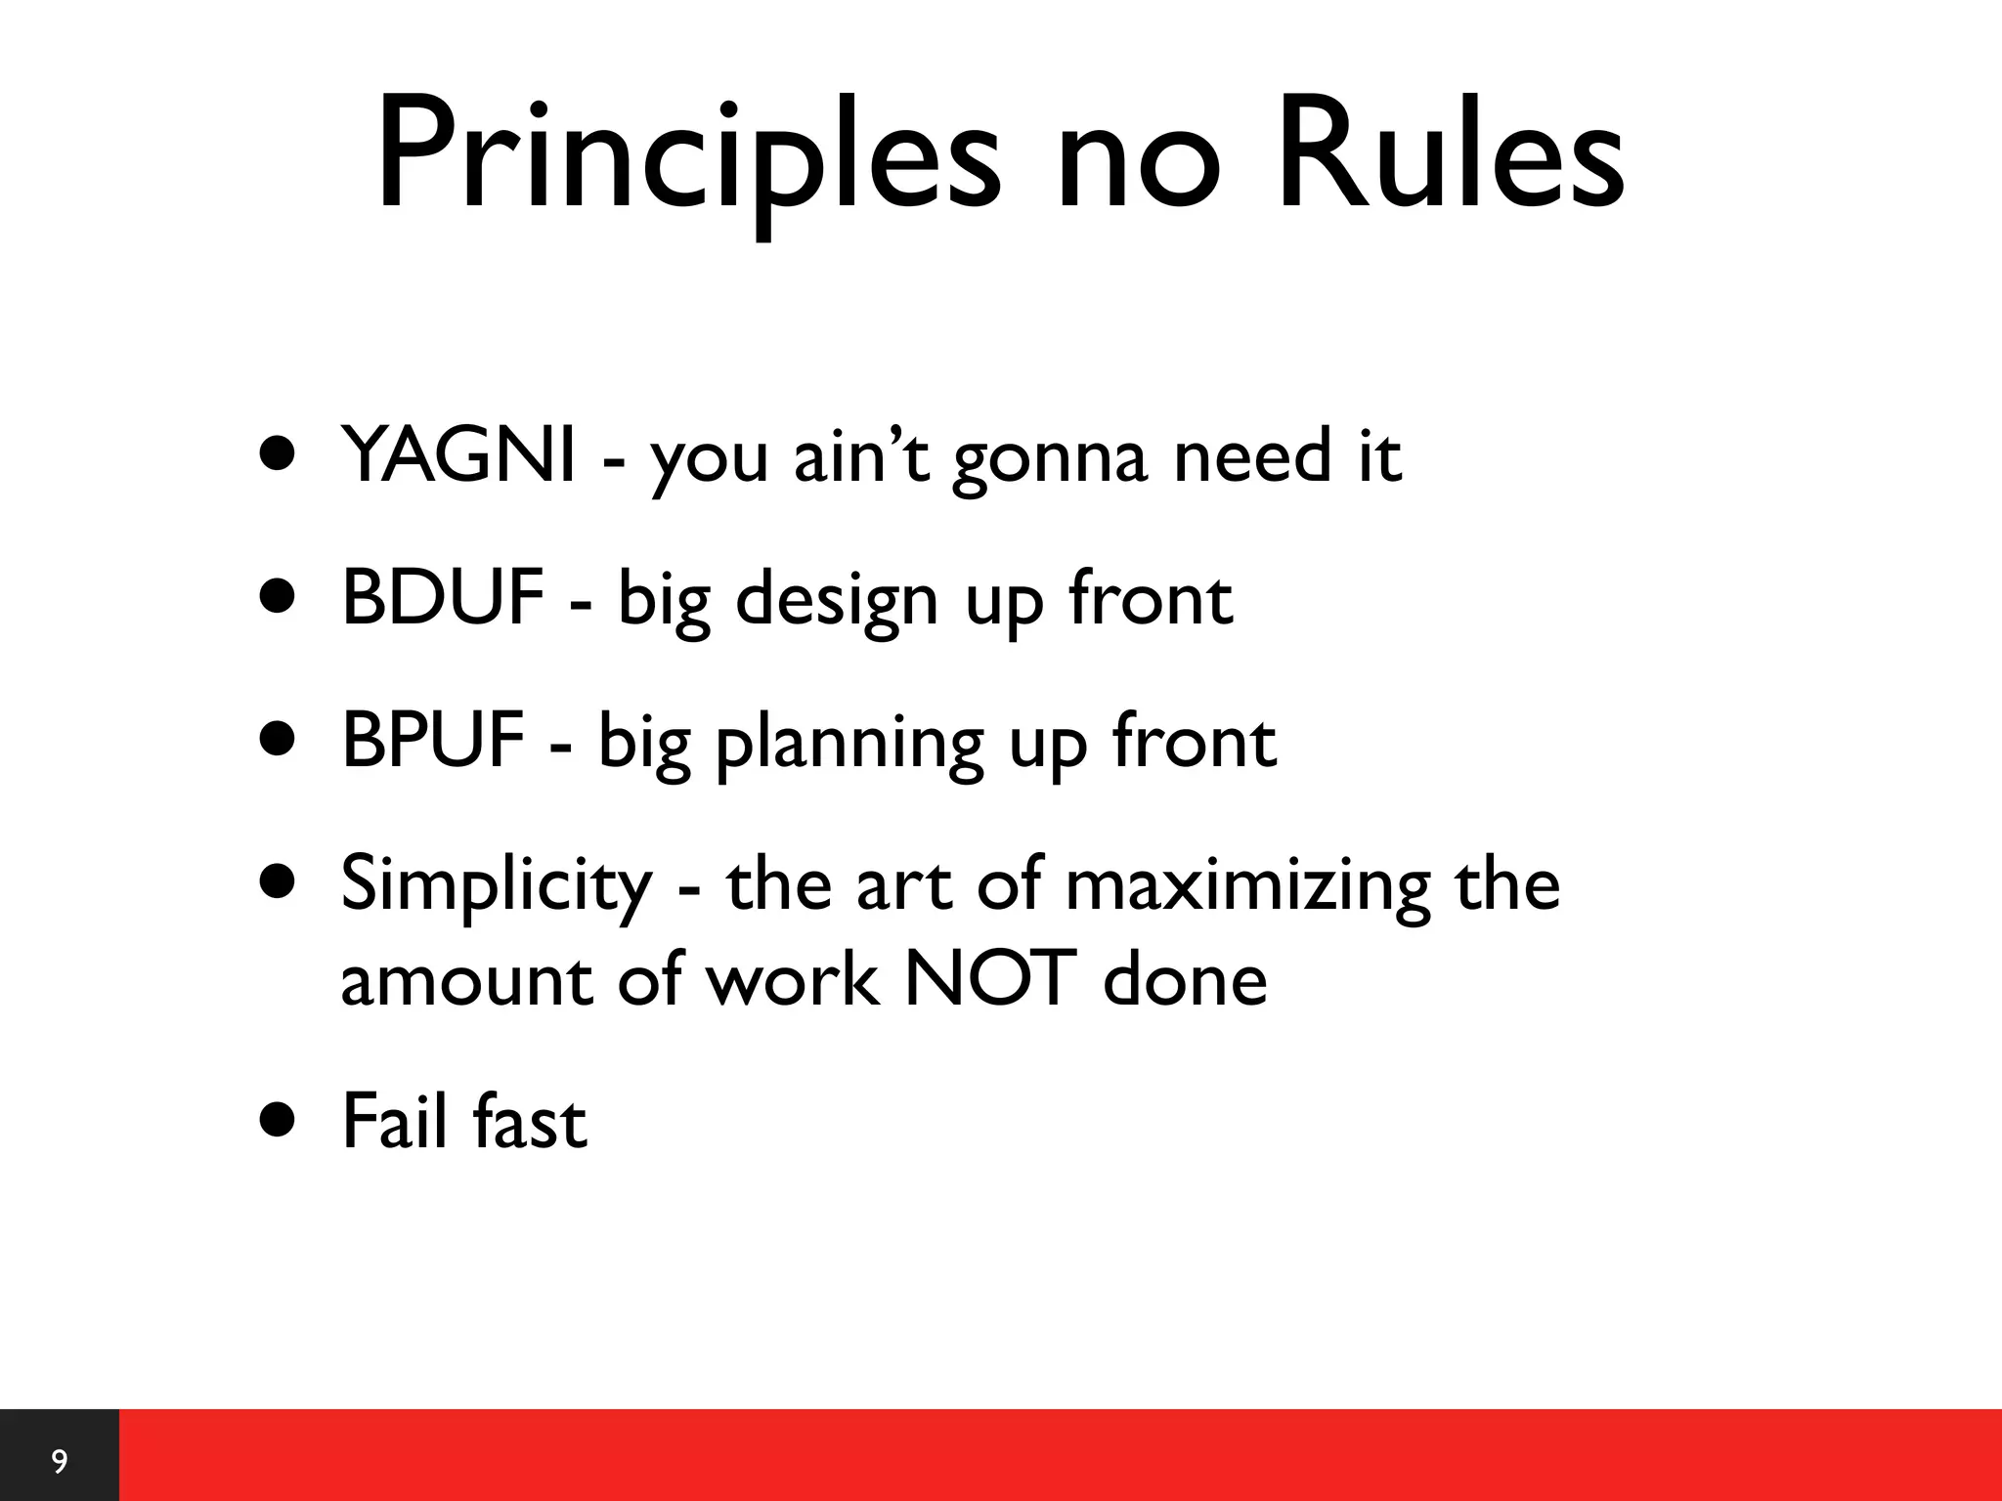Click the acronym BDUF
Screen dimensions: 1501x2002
point(442,598)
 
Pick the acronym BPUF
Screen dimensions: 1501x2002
point(432,741)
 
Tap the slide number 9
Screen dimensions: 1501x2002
point(60,1462)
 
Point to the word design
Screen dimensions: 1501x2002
point(836,602)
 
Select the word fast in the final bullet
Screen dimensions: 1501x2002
point(529,1122)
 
